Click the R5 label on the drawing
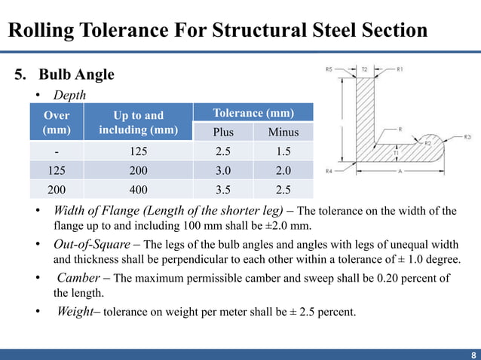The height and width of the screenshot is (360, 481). pyautogui.click(x=329, y=69)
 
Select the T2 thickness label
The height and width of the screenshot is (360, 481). pyautogui.click(x=365, y=69)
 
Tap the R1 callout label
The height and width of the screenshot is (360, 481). pyautogui.click(x=400, y=69)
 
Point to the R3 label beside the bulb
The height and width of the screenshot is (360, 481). pyautogui.click(x=467, y=137)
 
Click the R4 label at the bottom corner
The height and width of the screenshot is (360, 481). pyautogui.click(x=329, y=172)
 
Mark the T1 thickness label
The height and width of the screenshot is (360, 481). pyautogui.click(x=397, y=153)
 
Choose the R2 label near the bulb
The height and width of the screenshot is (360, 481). pyautogui.click(x=427, y=142)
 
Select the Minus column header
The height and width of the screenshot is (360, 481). pyautogui.click(x=283, y=133)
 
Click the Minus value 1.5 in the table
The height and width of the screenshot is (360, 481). pyautogui.click(x=283, y=151)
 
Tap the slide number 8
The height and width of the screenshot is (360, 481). pyautogui.click(x=473, y=355)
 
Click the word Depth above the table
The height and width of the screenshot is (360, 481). pyautogui.click(x=69, y=95)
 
